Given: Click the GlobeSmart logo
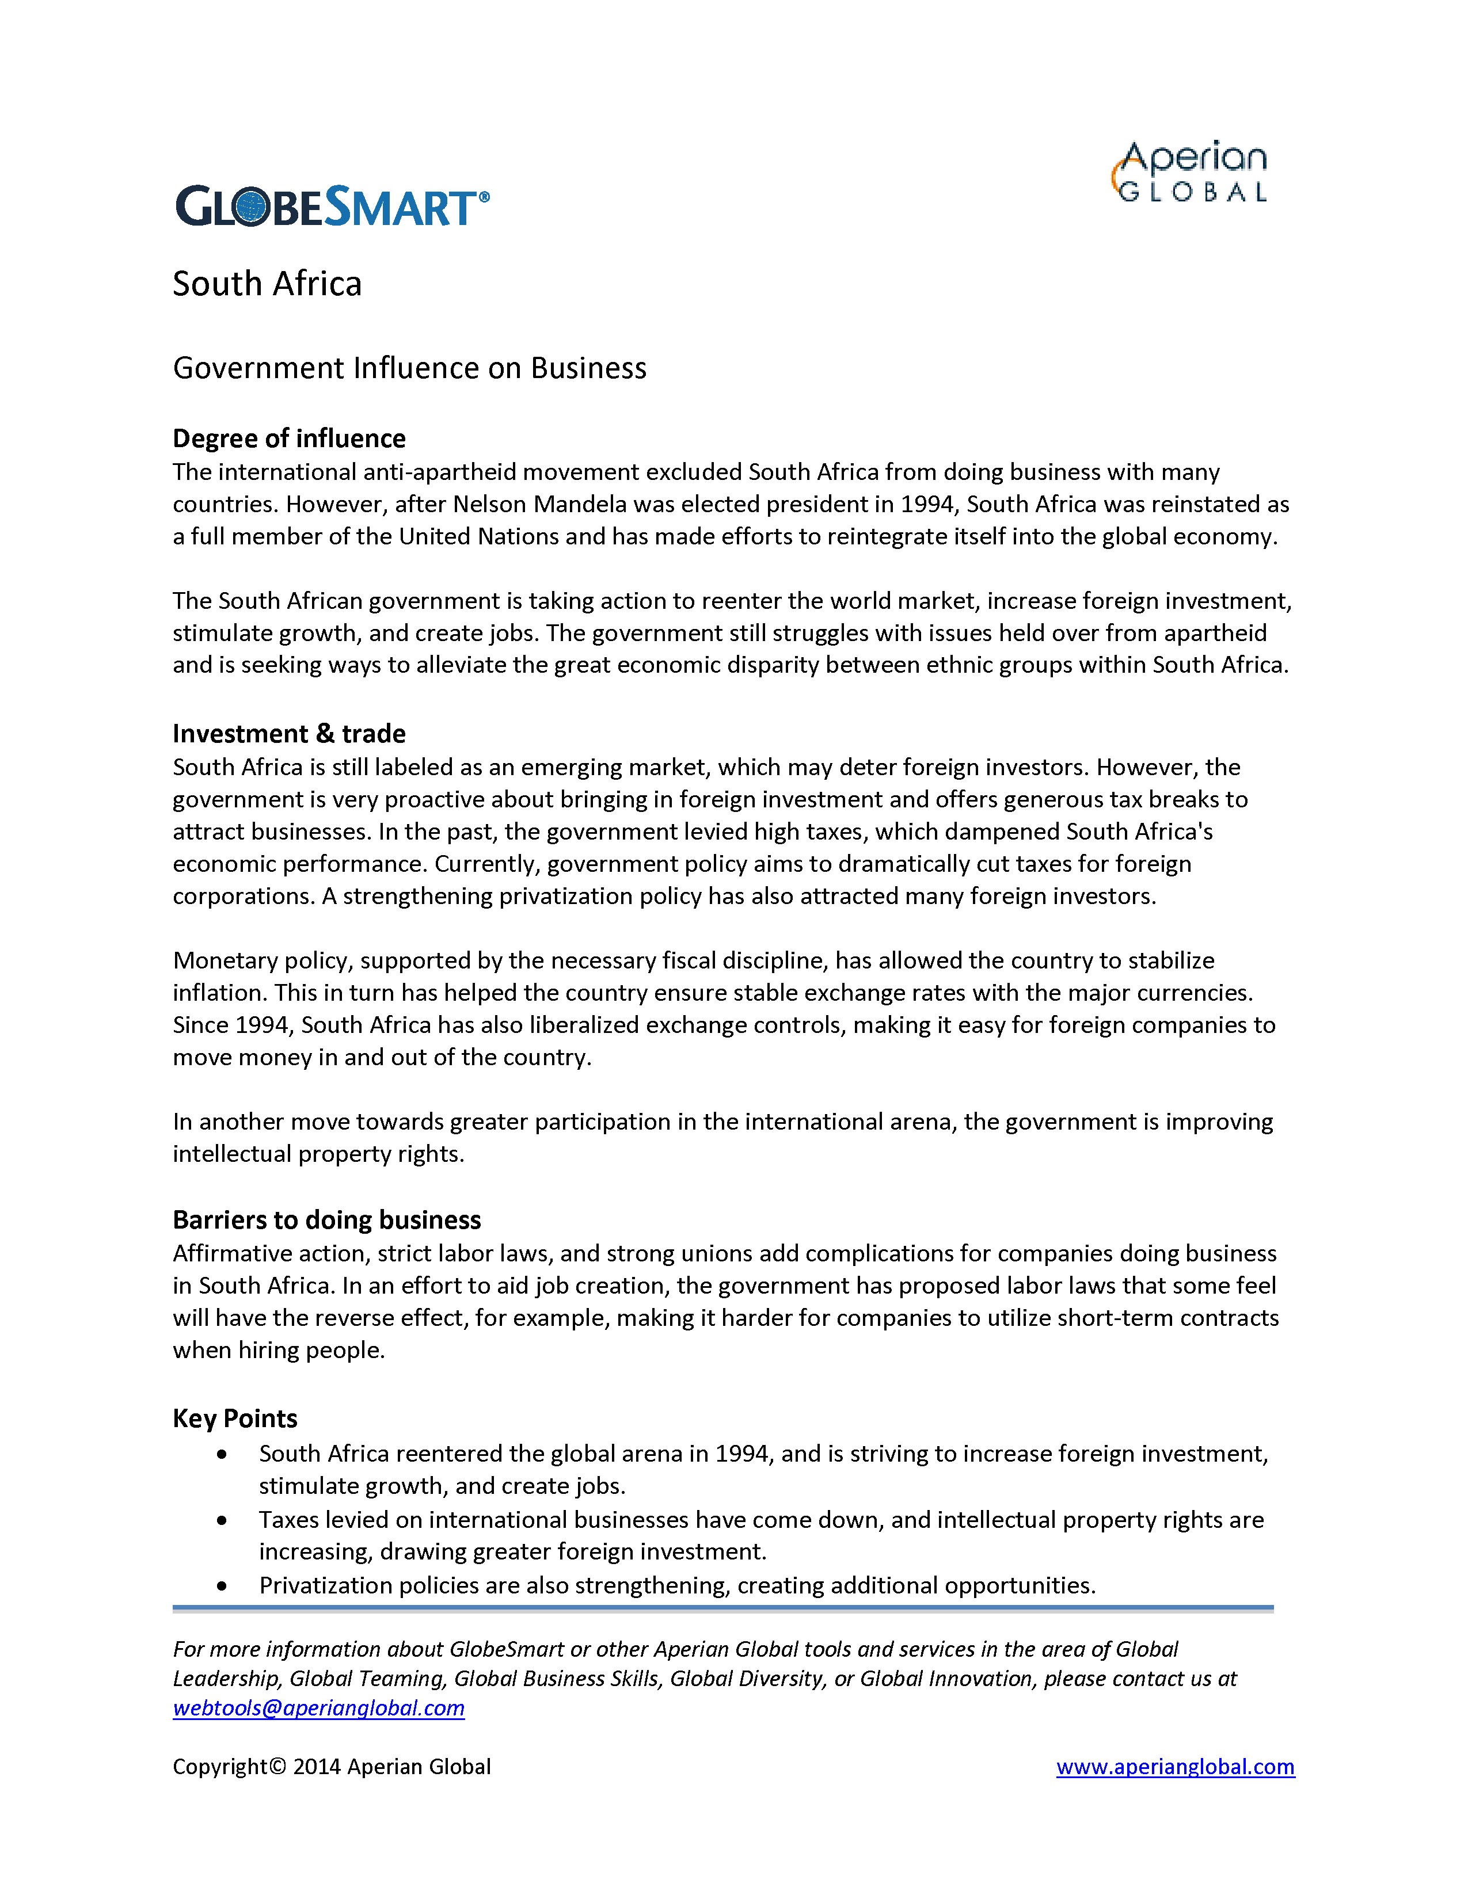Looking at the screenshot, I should pos(332,207).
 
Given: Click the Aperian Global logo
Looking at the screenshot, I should pos(1190,172).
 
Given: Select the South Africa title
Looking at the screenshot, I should pos(267,284).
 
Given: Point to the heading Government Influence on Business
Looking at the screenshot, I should pos(410,368).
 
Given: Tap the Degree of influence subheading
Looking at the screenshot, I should pos(289,438).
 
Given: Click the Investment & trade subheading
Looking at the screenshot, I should pos(289,734).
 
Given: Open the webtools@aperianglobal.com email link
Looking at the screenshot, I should pos(318,1708).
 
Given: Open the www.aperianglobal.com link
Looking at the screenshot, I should pos(1175,1767).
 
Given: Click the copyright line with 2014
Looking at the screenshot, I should pos(332,1767).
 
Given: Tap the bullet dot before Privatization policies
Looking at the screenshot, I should pos(223,1586).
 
